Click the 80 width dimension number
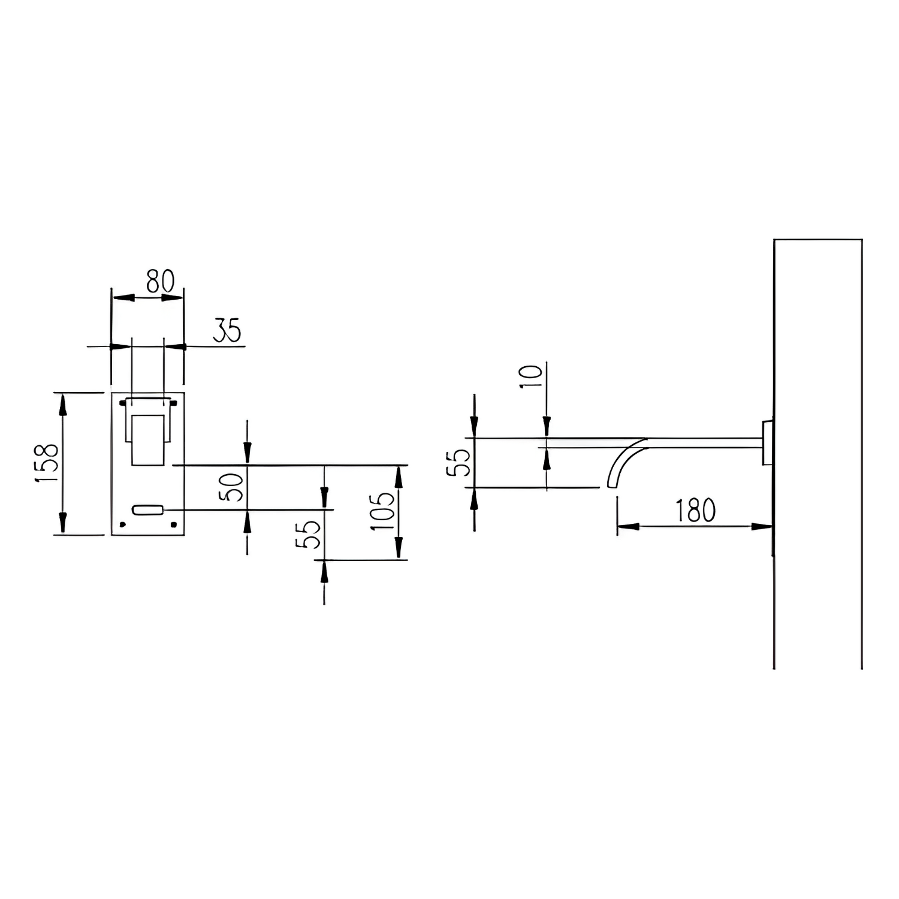[160, 281]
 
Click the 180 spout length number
[695, 511]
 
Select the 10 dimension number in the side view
[531, 376]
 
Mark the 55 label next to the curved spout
[460, 463]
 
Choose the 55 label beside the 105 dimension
[308, 535]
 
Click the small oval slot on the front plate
[147, 510]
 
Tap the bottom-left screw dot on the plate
[122, 525]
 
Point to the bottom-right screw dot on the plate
[174, 525]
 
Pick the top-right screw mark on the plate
[174, 402]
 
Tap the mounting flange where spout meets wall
[767, 442]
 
